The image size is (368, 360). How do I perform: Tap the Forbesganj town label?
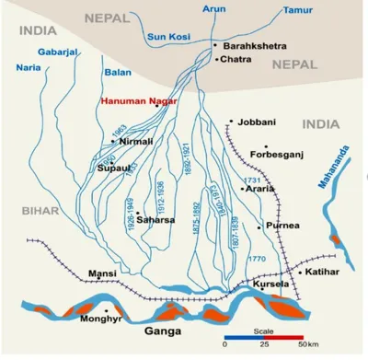tap(295, 156)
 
